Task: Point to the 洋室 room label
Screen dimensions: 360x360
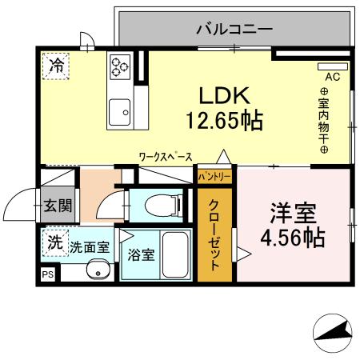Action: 293,214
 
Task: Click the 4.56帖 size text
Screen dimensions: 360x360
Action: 293,238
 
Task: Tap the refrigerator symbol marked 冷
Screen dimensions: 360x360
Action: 56,66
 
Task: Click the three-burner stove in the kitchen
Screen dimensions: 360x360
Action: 121,65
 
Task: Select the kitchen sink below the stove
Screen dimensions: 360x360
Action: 121,110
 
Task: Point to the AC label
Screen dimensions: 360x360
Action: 333,78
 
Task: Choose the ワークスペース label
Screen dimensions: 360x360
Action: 165,157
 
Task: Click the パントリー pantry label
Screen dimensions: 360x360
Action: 214,175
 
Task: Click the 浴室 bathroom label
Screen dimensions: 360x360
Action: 142,255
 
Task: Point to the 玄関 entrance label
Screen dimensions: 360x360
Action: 57,206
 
